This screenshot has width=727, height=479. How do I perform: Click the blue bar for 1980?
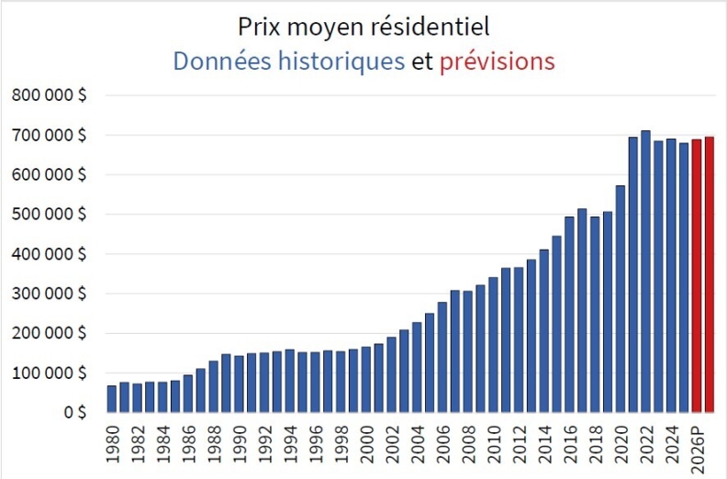(x=112, y=399)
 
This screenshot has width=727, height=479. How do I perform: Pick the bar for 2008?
(x=467, y=352)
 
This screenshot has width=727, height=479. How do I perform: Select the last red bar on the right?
(x=710, y=275)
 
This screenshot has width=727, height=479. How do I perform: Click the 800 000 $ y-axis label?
(x=50, y=95)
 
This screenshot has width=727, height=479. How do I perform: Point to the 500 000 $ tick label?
(x=50, y=215)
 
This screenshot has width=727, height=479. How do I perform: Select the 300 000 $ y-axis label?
(x=50, y=294)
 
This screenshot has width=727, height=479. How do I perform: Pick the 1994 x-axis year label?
(x=290, y=444)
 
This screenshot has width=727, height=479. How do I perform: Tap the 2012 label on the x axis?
(x=519, y=444)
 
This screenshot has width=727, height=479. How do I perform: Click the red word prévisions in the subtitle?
(x=497, y=61)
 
